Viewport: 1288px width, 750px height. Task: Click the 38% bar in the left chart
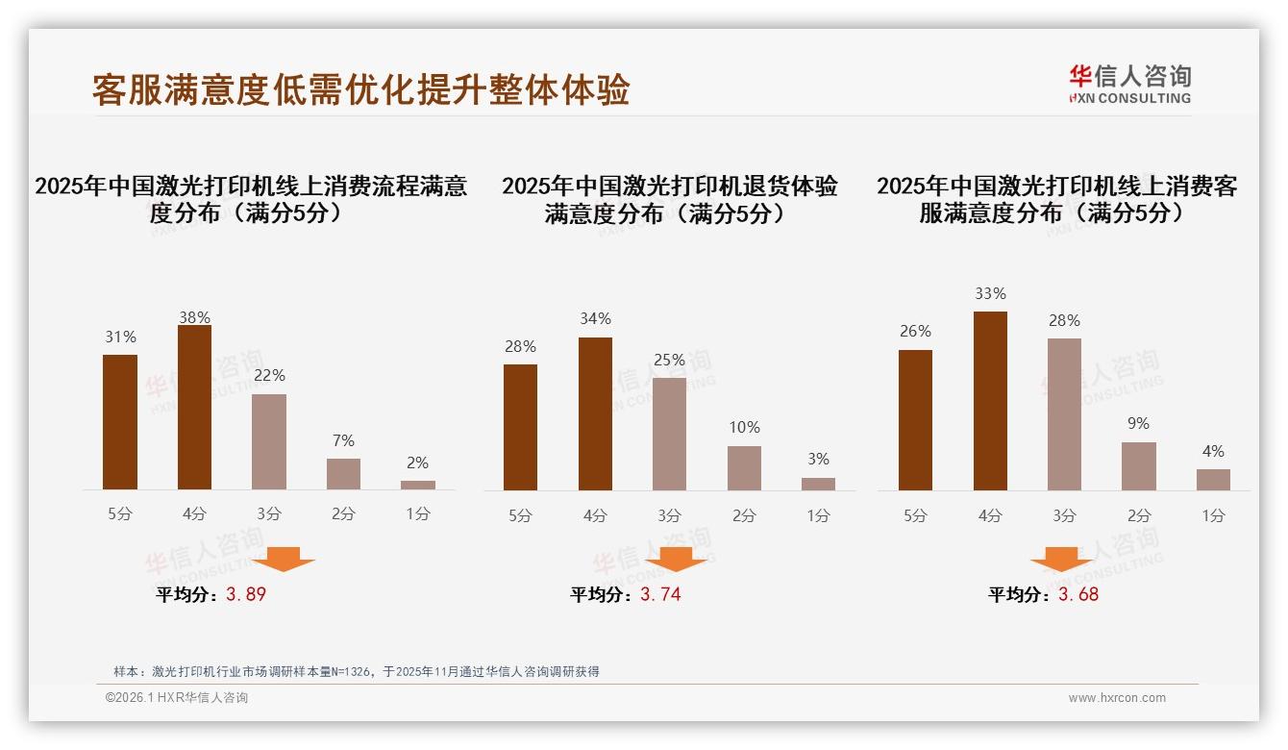(194, 408)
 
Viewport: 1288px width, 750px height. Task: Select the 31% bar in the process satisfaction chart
(120, 422)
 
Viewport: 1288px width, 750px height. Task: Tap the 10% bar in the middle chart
(744, 468)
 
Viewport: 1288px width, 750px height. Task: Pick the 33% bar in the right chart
(990, 401)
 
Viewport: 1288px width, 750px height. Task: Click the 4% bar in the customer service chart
(1213, 480)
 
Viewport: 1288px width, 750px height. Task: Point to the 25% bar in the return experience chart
(669, 434)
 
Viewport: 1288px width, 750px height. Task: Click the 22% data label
(269, 375)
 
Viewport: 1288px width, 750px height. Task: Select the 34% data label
(595, 318)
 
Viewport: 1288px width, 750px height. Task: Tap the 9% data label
(1139, 423)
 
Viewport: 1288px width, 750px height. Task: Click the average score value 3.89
(246, 594)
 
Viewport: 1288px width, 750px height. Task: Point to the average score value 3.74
(660, 594)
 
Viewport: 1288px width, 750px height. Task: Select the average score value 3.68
(1078, 594)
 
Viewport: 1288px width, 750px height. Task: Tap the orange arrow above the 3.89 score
(284, 559)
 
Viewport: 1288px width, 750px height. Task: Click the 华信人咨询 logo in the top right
(1129, 84)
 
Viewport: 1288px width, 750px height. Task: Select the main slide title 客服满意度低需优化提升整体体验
(360, 89)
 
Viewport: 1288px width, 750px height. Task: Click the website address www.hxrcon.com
(1117, 698)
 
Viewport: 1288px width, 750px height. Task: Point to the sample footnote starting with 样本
(357, 671)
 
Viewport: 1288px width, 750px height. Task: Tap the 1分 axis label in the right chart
(1213, 515)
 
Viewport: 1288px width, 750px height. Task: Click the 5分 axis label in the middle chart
(520, 515)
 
